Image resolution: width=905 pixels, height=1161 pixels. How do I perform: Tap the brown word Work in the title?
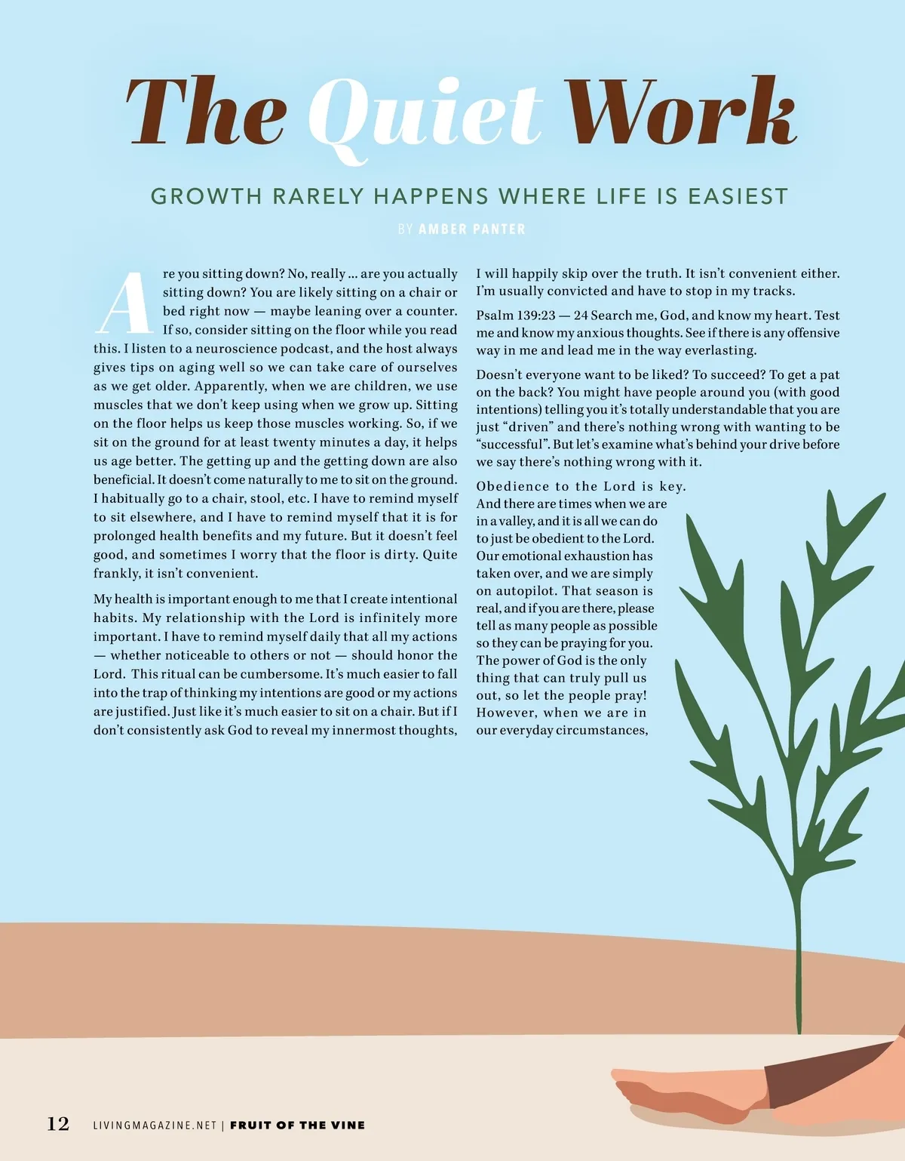tap(681, 111)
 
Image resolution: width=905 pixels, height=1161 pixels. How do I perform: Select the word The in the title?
tap(206, 111)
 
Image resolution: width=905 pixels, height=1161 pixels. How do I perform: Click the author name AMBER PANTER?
tap(471, 229)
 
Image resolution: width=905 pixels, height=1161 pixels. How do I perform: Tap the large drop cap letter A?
tap(124, 303)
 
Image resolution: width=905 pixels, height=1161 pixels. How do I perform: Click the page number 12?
tap(58, 1124)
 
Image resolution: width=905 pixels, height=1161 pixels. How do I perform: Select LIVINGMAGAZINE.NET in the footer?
tap(155, 1125)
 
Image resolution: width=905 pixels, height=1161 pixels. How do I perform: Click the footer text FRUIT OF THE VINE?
tap(297, 1125)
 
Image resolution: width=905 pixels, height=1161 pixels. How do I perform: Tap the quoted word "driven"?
tap(528, 427)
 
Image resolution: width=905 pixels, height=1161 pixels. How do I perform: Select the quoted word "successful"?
tap(511, 445)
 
